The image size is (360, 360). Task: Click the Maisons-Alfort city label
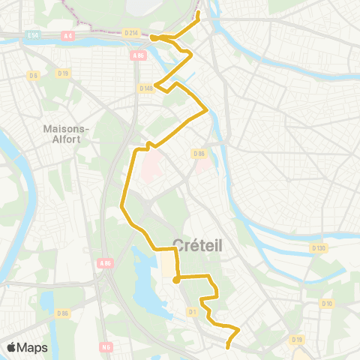point(67,133)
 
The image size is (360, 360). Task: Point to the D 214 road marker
point(131,32)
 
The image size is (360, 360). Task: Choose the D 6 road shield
point(33,75)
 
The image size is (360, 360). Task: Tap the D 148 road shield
point(146,88)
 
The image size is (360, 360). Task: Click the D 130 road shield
point(317,247)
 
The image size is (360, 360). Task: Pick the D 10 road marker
point(326,303)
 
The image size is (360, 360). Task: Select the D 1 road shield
point(192,310)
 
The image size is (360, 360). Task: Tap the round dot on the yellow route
point(176,280)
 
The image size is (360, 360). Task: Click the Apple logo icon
point(12,347)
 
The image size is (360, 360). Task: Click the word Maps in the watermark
point(33,347)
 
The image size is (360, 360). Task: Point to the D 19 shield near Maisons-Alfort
point(63,73)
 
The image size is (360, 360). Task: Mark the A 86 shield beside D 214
point(138,55)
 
